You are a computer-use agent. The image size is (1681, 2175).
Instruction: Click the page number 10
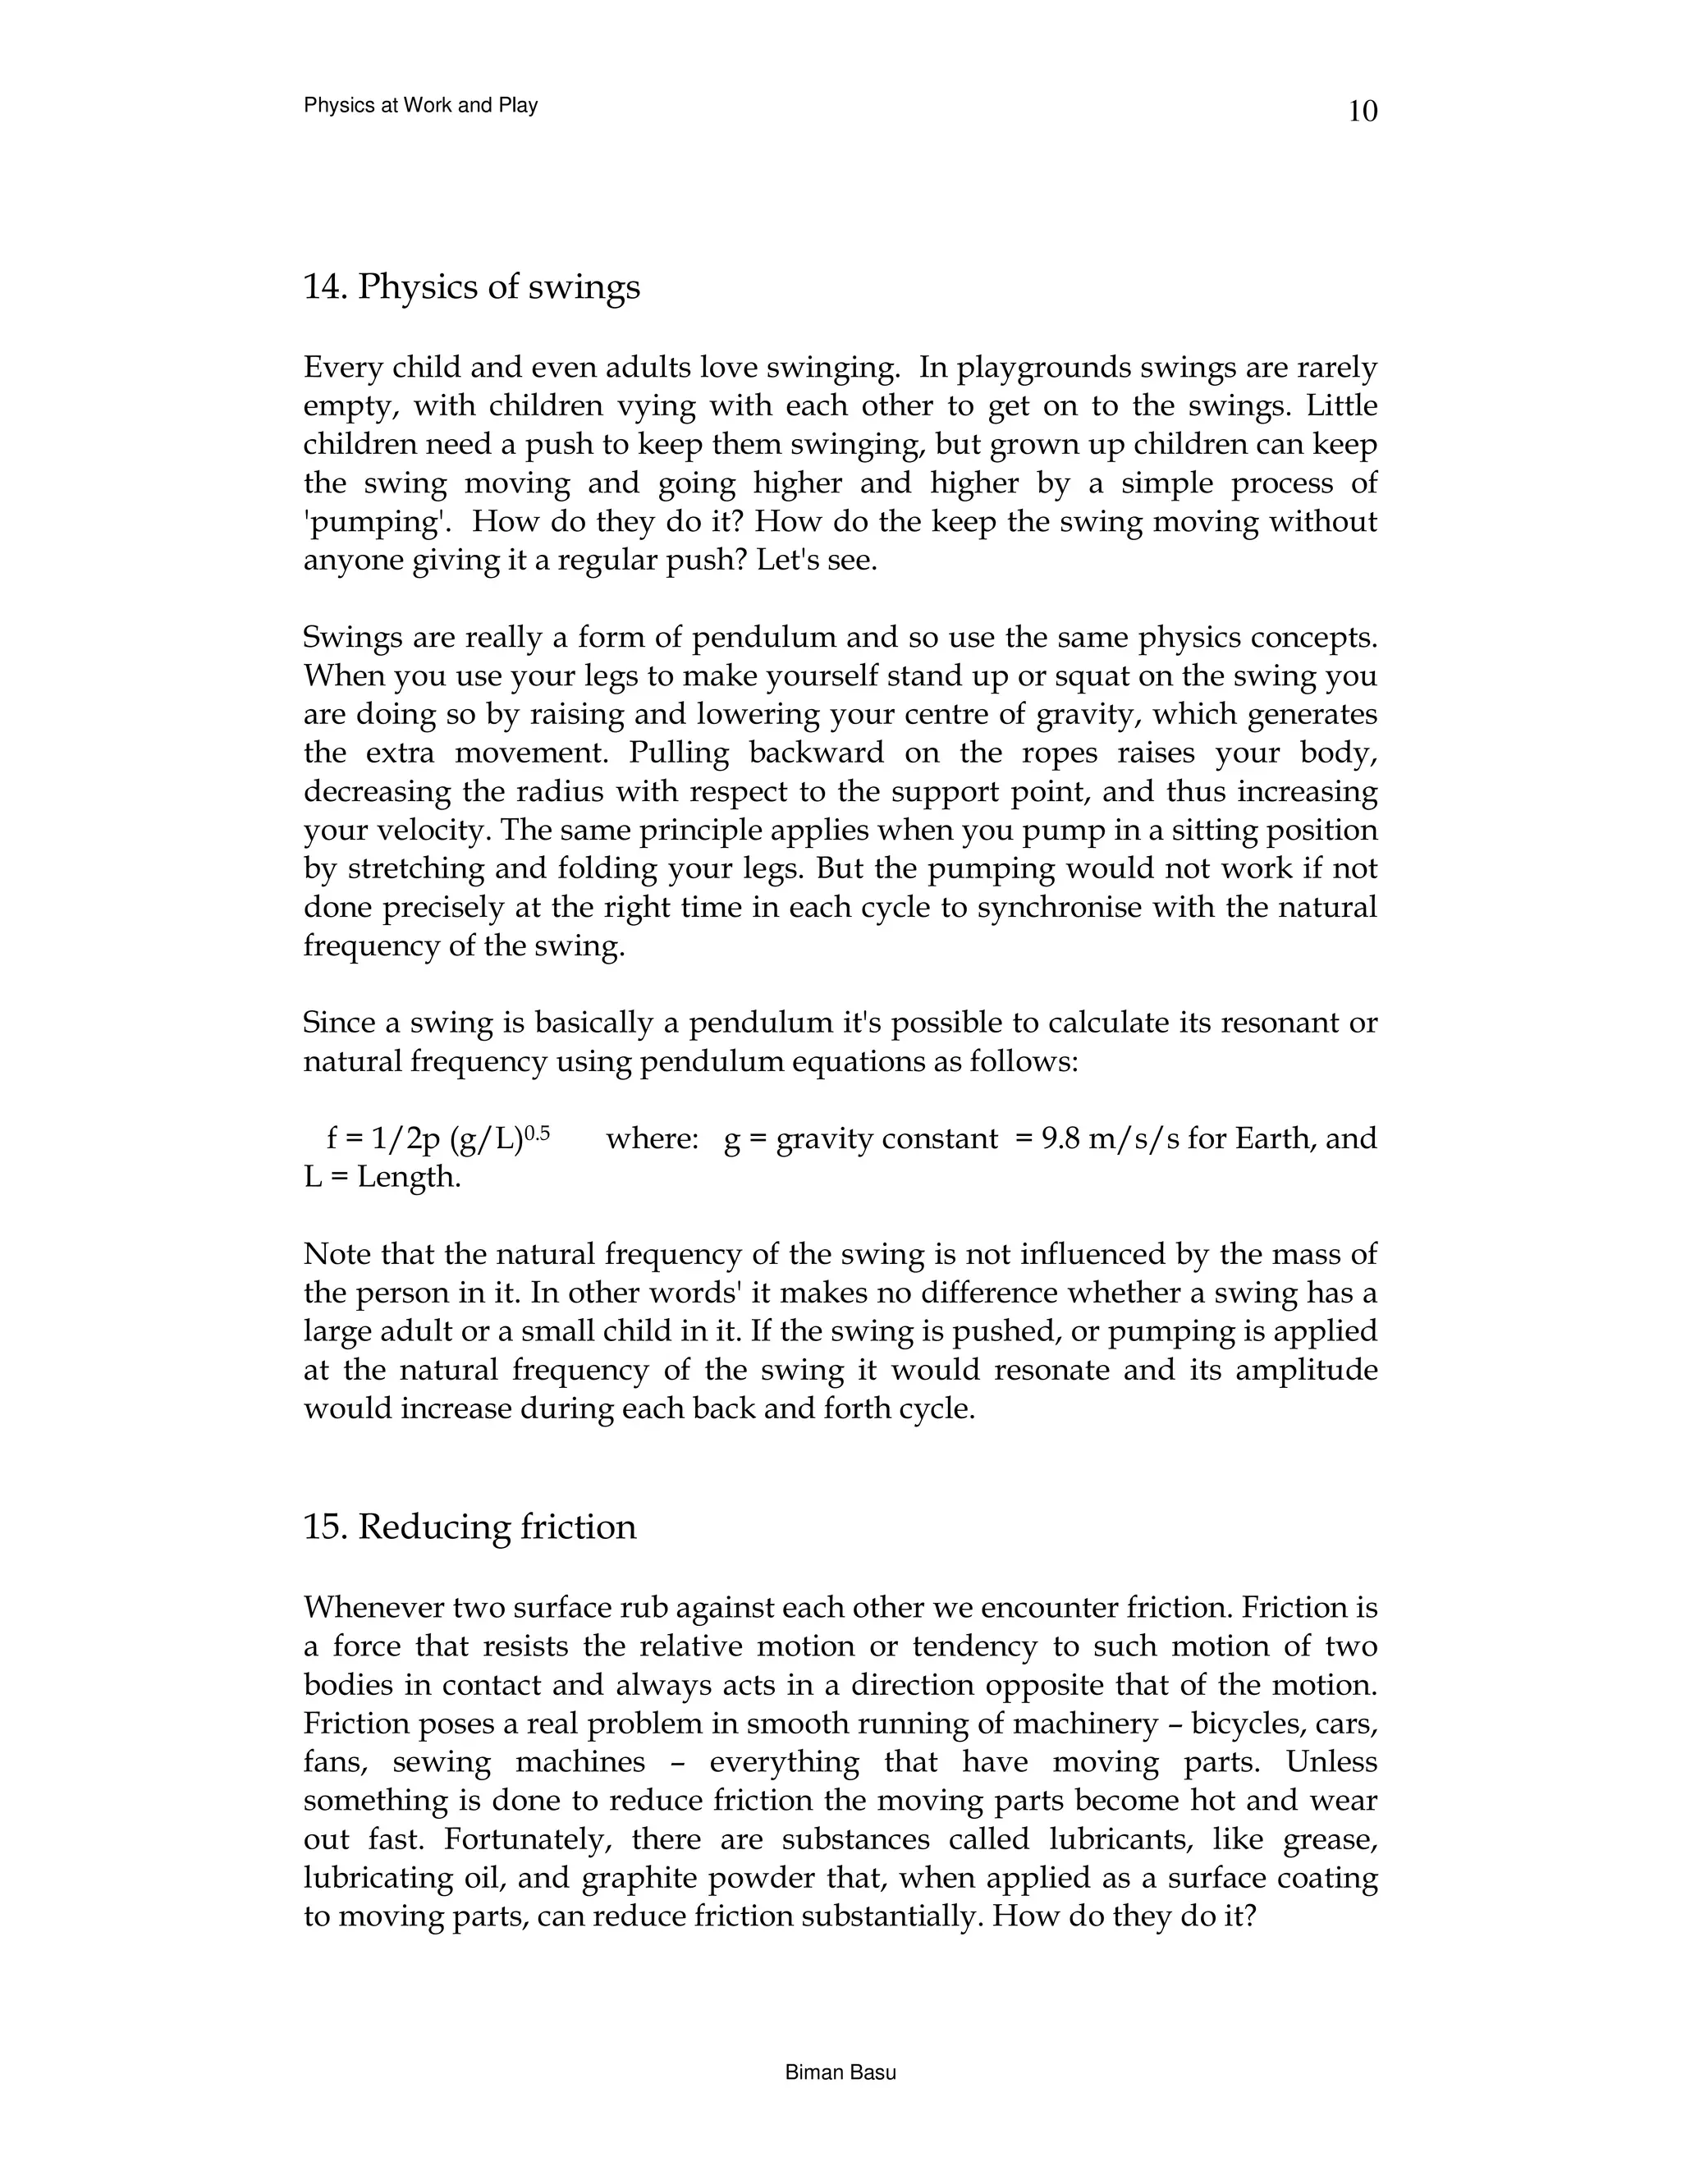point(1363,112)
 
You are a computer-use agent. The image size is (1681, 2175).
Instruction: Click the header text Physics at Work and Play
point(420,106)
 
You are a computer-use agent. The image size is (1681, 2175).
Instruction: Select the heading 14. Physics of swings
point(471,288)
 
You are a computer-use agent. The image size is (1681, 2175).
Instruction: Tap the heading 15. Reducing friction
point(469,1527)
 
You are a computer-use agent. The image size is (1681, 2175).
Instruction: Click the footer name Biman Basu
point(840,2073)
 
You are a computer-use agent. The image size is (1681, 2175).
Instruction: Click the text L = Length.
point(382,1177)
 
